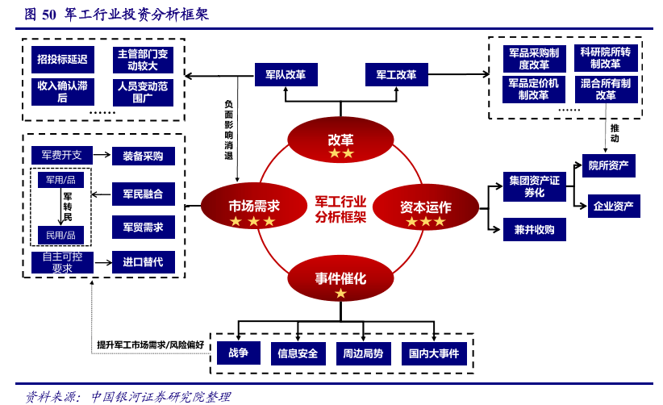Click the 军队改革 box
click(x=285, y=75)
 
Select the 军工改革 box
click(x=395, y=75)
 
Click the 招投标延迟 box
click(x=62, y=59)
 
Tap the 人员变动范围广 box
click(x=143, y=92)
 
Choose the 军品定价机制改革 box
click(x=533, y=89)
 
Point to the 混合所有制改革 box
click(x=605, y=89)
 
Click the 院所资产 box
click(x=609, y=165)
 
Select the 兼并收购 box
click(x=534, y=229)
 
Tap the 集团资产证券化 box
click(x=534, y=186)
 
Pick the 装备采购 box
click(x=143, y=156)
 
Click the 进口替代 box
click(x=143, y=261)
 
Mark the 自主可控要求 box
click(x=62, y=262)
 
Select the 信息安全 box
click(x=298, y=353)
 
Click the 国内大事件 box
click(x=433, y=353)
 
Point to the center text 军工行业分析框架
click(x=340, y=209)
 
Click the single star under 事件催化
click(x=340, y=294)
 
